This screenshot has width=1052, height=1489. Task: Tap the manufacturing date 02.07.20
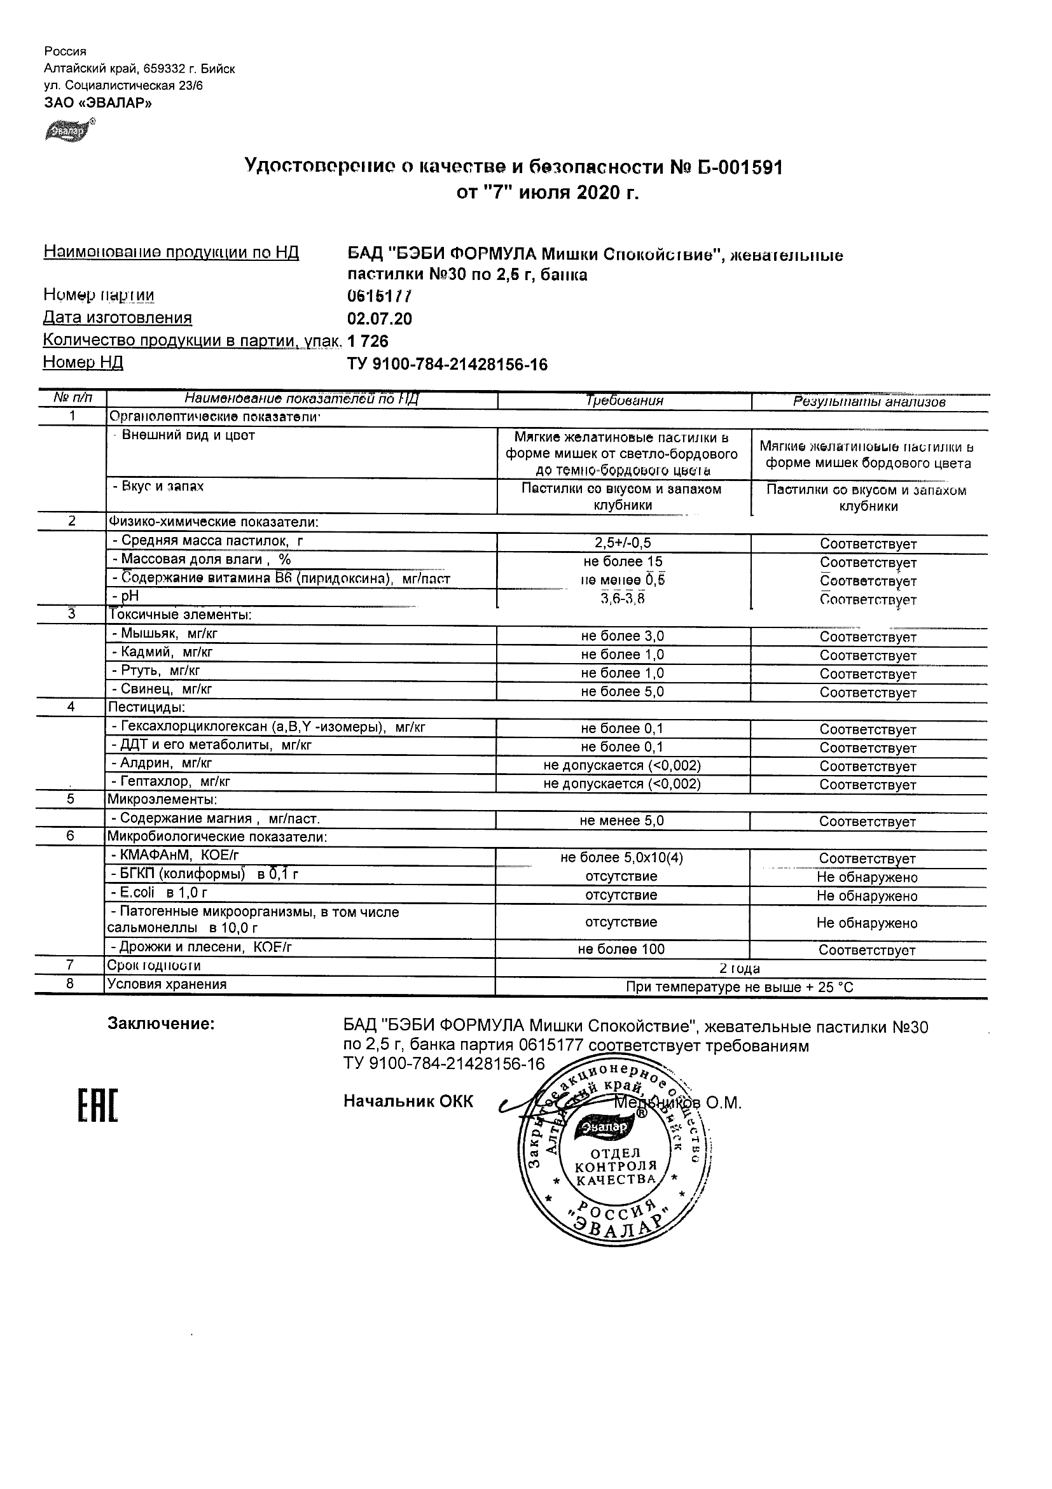click(x=379, y=319)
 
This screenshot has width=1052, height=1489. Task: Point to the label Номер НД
click(x=83, y=363)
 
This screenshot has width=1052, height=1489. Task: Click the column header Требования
click(x=624, y=401)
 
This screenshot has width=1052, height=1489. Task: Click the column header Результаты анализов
click(x=869, y=402)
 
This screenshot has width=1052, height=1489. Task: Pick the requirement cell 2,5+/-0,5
click(x=622, y=543)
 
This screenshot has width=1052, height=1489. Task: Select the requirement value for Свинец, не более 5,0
click(x=622, y=692)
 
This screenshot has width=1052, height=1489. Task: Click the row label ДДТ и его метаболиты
click(x=212, y=745)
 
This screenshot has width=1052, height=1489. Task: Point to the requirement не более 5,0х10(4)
click(x=621, y=858)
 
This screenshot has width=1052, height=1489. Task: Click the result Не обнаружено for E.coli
click(x=867, y=895)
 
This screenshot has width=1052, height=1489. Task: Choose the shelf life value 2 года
click(x=740, y=968)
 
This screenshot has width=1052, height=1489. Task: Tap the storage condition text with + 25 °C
click(x=739, y=987)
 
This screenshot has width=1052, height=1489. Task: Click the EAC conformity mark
click(x=98, y=1106)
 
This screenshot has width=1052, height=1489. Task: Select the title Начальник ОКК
click(x=408, y=1101)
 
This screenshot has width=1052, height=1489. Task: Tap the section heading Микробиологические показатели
click(x=217, y=837)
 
